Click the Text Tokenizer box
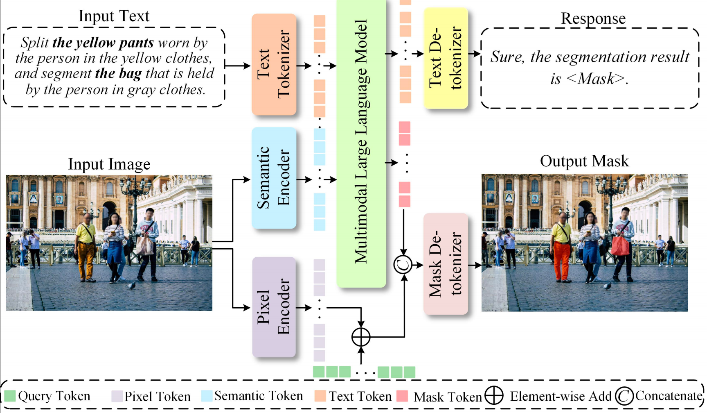(274, 64)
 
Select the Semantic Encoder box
(274, 178)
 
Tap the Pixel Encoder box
(274, 307)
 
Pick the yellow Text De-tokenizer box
(446, 58)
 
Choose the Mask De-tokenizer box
(446, 264)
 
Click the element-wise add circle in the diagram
(361, 337)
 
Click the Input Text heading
(114, 16)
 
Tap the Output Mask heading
(584, 161)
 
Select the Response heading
(593, 18)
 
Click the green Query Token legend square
(10, 396)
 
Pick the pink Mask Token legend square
(402, 396)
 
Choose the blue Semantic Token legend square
(207, 396)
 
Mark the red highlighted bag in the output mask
(620, 245)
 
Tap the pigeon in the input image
(131, 285)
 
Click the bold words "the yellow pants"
(103, 43)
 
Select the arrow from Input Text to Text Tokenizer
(237, 65)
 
